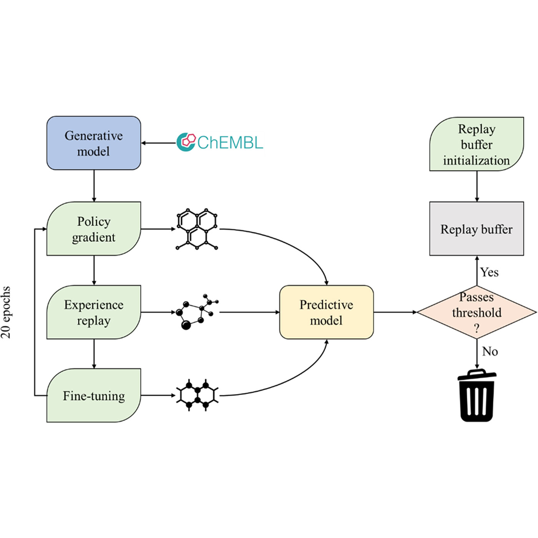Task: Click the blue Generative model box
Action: coord(94,143)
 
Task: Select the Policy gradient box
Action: coord(94,229)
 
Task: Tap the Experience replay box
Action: coord(94,312)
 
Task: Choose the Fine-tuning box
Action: coord(94,395)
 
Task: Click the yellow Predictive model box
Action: coord(326,312)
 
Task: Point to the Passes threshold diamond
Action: coord(477,312)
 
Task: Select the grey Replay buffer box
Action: coord(477,229)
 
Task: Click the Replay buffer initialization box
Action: coord(477,144)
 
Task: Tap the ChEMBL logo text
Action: coord(230,143)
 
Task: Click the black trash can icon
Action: coord(477,396)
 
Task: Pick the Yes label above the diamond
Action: coord(489,272)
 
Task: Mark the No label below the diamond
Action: coord(490,351)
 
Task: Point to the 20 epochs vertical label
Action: coord(6,312)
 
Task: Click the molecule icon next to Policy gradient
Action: coord(197,229)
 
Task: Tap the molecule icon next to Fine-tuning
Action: coord(197,395)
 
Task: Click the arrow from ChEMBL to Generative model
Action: coord(158,143)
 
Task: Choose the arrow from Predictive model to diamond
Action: coord(395,312)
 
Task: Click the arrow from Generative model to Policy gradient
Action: coord(94,186)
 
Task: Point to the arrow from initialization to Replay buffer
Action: coord(477,186)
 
